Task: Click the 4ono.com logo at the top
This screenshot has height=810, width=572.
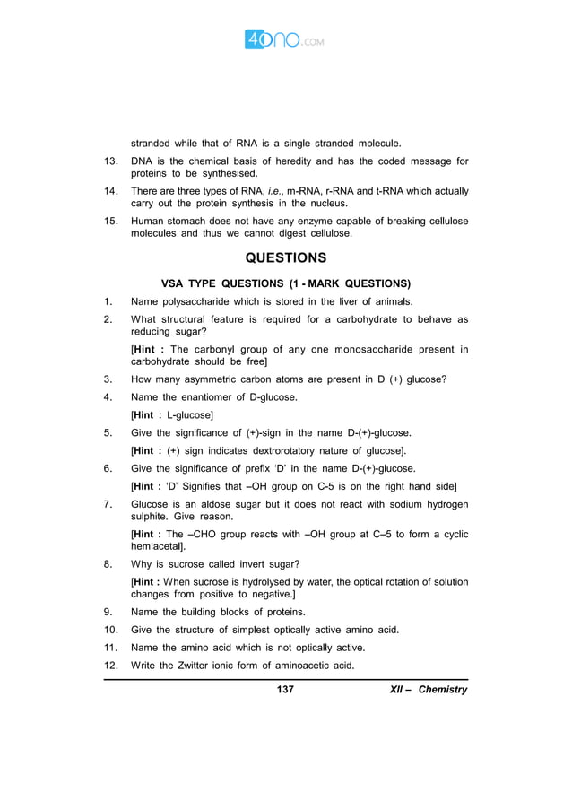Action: pyautogui.click(x=285, y=40)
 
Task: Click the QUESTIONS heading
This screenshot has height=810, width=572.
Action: pyautogui.click(x=286, y=257)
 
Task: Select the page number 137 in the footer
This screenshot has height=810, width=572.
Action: pyautogui.click(x=286, y=690)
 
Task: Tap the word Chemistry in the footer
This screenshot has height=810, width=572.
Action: pyautogui.click(x=443, y=690)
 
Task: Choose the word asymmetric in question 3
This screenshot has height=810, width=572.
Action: pyautogui.click(x=212, y=379)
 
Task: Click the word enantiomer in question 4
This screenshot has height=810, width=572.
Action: pyautogui.click(x=202, y=396)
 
